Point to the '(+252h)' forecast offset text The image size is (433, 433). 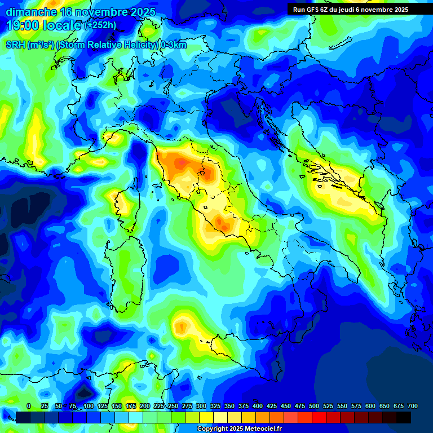coord(100,25)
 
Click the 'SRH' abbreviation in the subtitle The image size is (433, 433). coord(15,45)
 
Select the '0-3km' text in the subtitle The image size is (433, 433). coord(173,45)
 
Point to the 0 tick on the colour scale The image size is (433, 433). coord(29,406)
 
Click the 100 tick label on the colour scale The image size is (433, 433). coord(89,406)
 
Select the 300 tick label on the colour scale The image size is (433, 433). coord(201,406)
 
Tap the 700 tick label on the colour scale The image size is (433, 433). coord(412,406)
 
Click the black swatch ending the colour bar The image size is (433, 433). coord(404,417)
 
